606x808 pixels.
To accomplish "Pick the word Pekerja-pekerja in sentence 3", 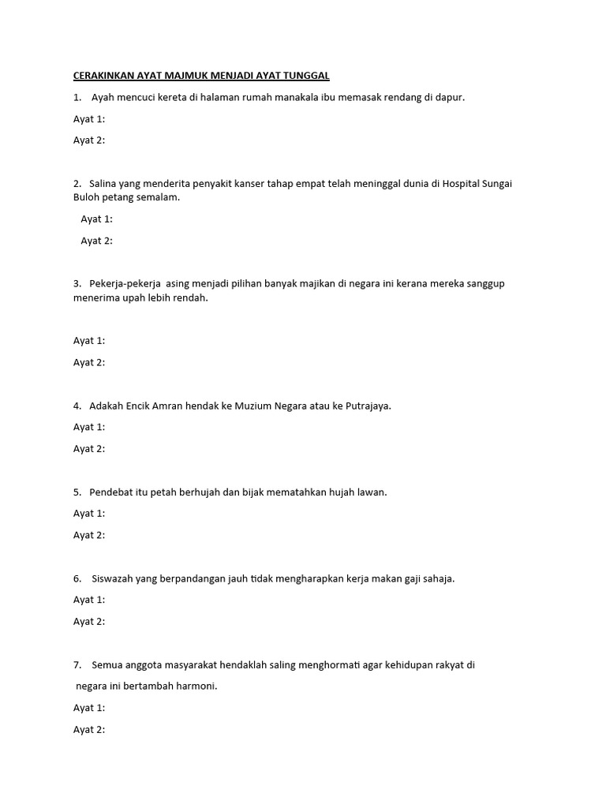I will point(125,283).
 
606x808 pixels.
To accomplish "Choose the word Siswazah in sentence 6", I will point(113,578).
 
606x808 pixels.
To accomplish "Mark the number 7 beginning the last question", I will point(77,665).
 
